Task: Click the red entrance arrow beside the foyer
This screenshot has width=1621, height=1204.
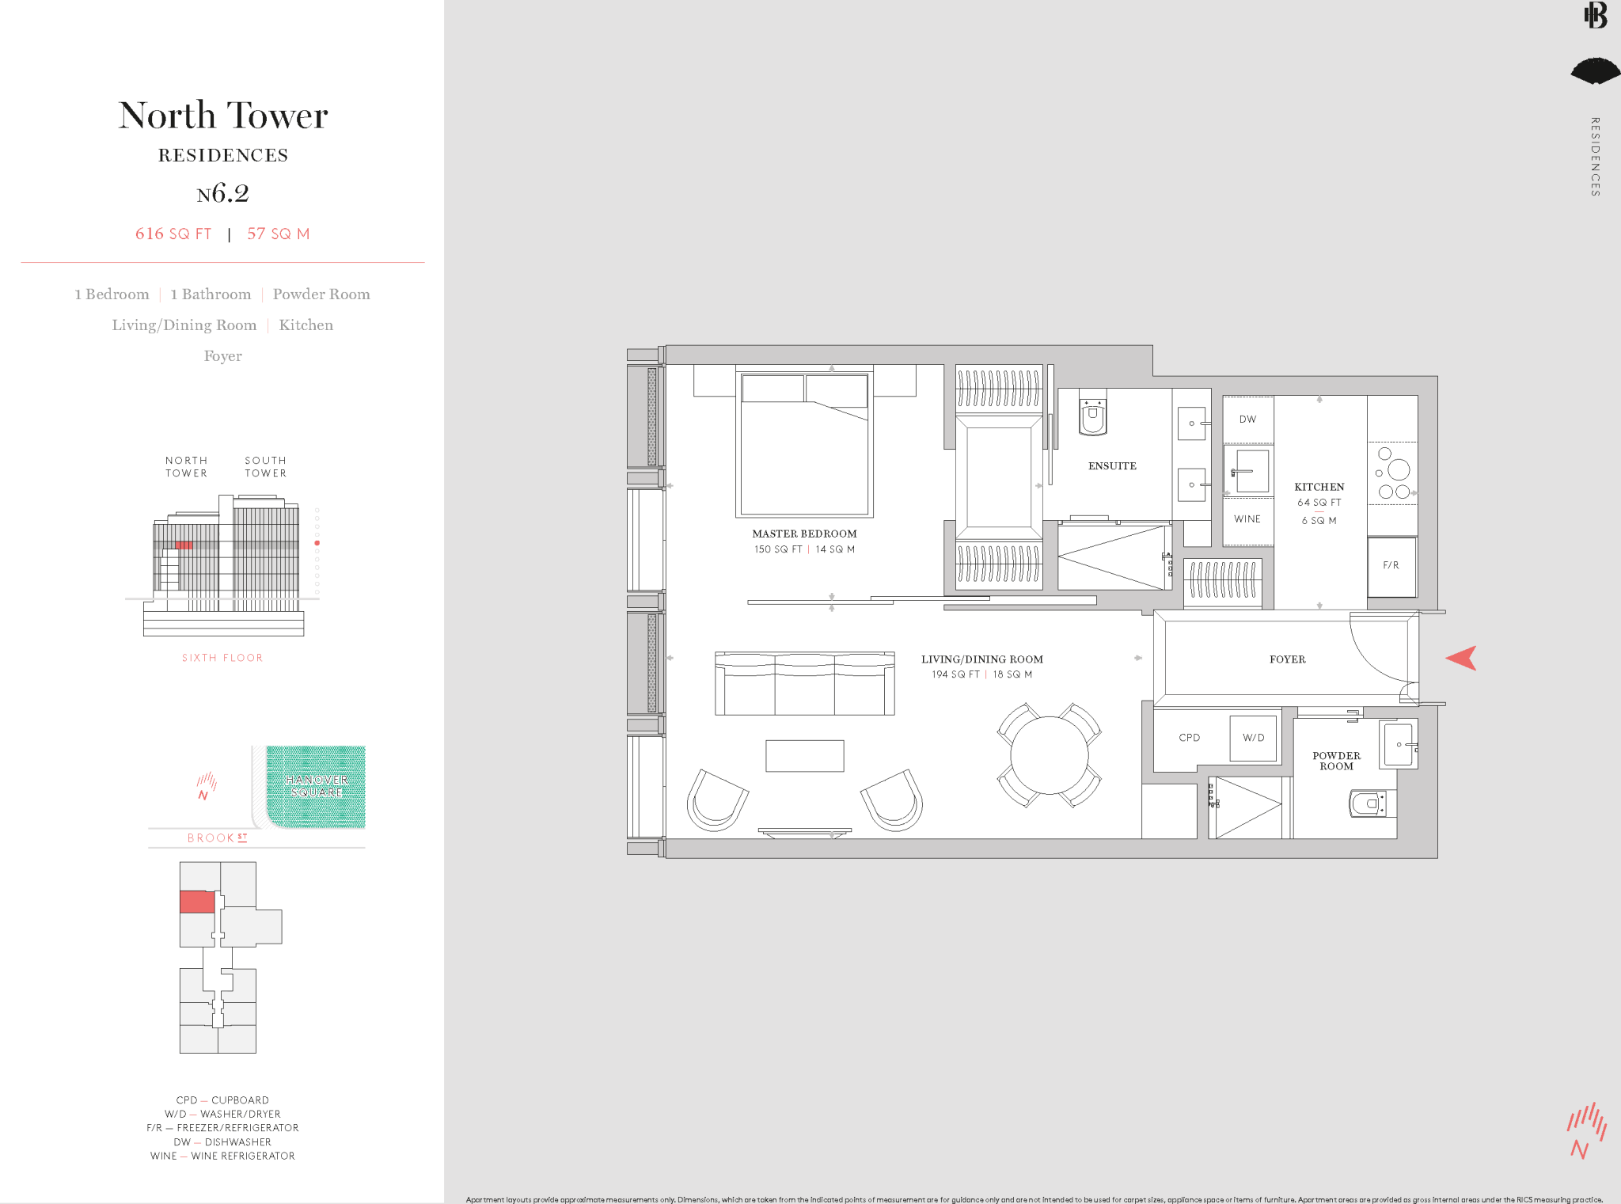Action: tap(1463, 658)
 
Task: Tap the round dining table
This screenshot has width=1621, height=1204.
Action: tap(1049, 754)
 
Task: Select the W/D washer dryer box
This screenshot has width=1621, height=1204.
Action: tap(1253, 738)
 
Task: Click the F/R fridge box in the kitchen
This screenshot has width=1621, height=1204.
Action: tap(1391, 566)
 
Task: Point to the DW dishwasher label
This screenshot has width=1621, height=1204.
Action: tap(1247, 420)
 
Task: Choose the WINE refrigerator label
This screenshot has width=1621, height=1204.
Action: tap(1247, 519)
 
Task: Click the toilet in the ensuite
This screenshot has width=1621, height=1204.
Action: tap(1092, 416)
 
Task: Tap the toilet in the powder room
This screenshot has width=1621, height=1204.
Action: tap(1368, 803)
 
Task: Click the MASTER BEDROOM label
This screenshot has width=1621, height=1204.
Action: tap(804, 534)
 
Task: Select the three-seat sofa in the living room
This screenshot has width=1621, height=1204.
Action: tap(804, 684)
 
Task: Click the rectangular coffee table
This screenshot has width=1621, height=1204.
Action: tap(804, 755)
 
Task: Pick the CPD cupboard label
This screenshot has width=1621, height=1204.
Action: tap(1189, 738)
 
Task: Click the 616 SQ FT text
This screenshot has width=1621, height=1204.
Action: tap(173, 234)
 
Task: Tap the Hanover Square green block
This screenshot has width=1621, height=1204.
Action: tap(317, 785)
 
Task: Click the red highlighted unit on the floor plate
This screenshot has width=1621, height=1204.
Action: tap(197, 902)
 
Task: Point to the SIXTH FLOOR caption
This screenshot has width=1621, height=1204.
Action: tap(222, 658)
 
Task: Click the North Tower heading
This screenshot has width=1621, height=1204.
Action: tap(223, 116)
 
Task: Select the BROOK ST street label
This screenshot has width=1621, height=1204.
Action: tap(217, 837)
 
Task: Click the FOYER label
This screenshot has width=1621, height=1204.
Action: tap(1287, 659)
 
